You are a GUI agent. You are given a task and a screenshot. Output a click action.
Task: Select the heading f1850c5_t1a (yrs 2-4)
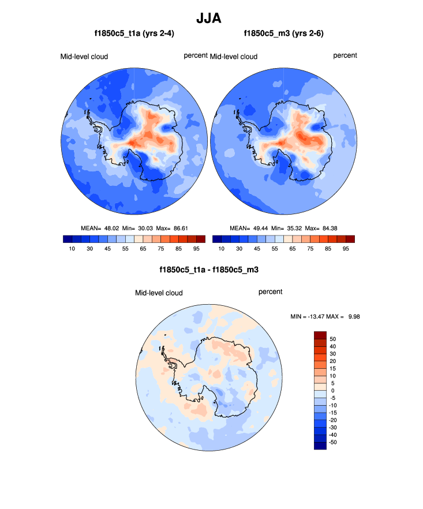(134, 34)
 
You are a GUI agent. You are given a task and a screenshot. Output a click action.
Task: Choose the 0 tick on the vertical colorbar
(333, 391)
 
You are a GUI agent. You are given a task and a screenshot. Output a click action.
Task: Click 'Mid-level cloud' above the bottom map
(159, 293)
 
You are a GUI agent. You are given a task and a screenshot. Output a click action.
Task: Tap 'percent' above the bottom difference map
(270, 292)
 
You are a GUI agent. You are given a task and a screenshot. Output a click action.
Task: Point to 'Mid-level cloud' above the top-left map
(84, 57)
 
